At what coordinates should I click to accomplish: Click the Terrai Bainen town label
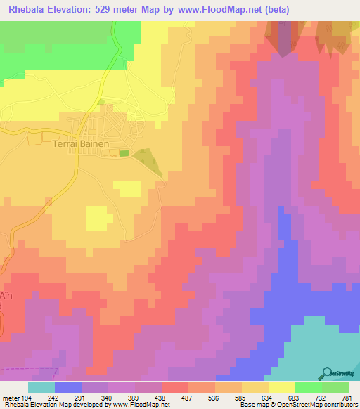tap(82, 143)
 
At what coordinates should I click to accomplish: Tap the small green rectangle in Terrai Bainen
tap(124, 152)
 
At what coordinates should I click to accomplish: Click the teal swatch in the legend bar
tap(41, 387)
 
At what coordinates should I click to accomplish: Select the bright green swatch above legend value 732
tap(308, 387)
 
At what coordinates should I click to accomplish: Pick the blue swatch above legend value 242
tap(67, 387)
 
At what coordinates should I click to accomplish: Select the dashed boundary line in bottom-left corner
tap(28, 369)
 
